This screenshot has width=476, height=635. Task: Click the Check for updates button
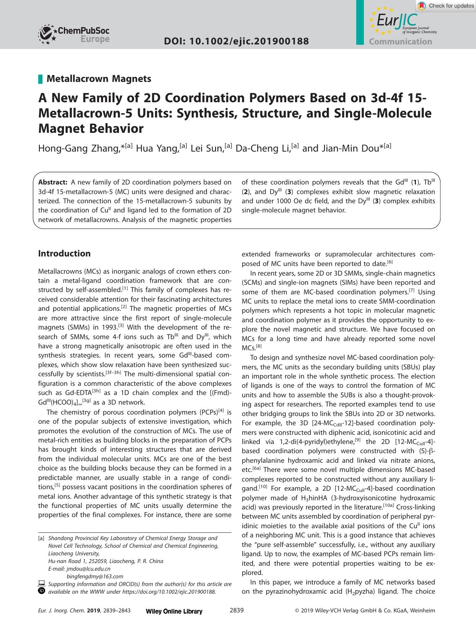445,6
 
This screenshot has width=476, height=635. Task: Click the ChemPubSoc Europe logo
74,35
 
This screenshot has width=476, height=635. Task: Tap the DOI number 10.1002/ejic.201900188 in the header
236,41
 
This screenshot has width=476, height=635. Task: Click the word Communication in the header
400,42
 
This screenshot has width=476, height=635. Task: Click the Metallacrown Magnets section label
99,79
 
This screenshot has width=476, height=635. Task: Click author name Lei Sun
210,148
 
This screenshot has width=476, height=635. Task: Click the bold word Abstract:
53,182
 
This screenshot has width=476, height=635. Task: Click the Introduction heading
64,253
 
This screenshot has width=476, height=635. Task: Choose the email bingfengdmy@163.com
95,576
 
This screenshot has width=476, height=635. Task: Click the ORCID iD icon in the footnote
42,591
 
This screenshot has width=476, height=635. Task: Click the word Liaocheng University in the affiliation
74,553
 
